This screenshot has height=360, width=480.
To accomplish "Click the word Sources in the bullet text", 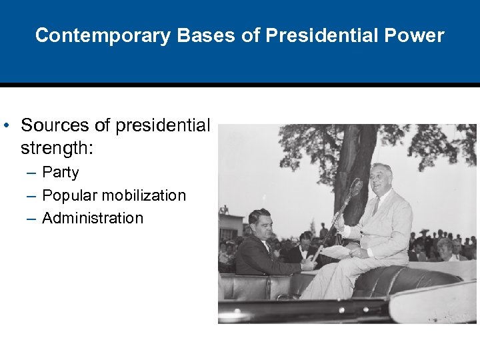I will pos(54,125).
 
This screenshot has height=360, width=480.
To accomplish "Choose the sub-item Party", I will pos(61,173).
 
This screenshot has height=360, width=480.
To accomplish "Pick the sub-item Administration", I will pos(93,218).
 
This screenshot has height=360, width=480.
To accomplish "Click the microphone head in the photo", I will pos(356,187).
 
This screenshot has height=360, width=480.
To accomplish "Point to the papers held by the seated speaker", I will pos(337,252).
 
